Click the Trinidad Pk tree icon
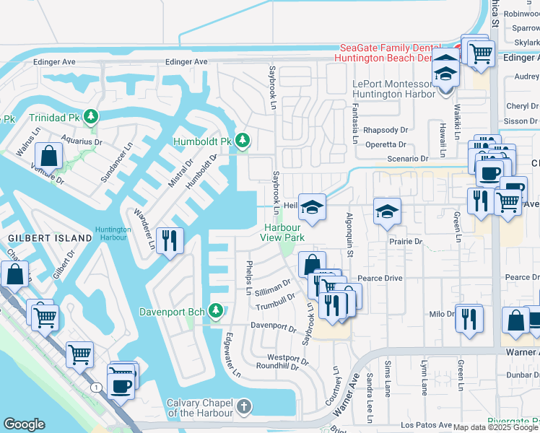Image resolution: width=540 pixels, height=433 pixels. [x=90, y=116]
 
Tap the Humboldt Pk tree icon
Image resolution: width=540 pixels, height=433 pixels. [x=243, y=140]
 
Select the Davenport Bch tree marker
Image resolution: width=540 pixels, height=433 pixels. [x=215, y=311]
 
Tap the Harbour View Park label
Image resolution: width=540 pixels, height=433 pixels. [x=282, y=232]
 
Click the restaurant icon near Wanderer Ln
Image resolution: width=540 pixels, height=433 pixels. [x=169, y=240]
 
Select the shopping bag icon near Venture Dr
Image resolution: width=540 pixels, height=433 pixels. [x=48, y=155]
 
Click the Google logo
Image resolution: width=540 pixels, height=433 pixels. [x=24, y=424]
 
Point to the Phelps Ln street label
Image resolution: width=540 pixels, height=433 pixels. [x=248, y=277]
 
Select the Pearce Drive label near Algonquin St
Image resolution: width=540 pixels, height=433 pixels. [x=380, y=278]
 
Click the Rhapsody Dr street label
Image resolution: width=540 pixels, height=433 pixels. [x=386, y=130]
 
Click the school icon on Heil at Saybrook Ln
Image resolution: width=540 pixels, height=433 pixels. [x=312, y=208]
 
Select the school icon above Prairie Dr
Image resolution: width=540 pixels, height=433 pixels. [x=387, y=211]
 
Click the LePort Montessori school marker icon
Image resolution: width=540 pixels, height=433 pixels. [x=446, y=74]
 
